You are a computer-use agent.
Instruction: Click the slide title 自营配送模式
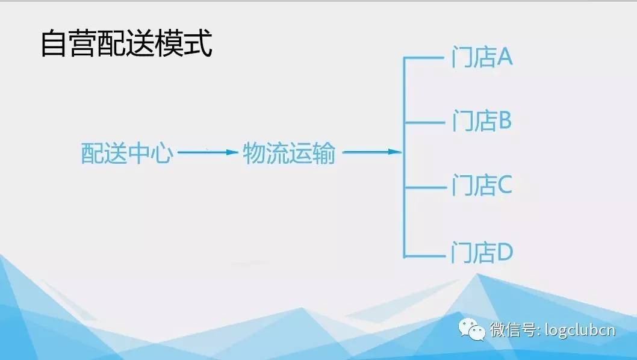(x=126, y=43)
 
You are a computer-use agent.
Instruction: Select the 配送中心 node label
(x=127, y=153)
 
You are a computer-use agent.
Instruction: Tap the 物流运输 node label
(x=289, y=153)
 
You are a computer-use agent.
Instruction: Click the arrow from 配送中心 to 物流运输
(x=208, y=152)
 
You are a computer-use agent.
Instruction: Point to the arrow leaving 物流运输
(x=372, y=152)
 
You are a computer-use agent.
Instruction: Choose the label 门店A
(x=482, y=57)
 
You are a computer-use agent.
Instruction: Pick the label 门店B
(x=482, y=120)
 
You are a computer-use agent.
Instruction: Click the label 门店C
(x=482, y=185)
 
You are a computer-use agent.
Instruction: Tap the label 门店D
(x=482, y=252)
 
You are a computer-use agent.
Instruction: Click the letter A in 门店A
(x=504, y=57)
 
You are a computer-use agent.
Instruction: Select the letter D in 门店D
(x=505, y=252)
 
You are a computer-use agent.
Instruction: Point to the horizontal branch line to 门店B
(x=425, y=122)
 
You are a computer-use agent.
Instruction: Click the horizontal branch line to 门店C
(x=425, y=188)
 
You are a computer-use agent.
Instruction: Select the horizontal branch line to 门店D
(x=424, y=256)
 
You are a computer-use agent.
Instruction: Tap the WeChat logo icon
(x=471, y=329)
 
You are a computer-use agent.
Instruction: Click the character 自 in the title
(x=54, y=43)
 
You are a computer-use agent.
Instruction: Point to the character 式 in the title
(x=198, y=43)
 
